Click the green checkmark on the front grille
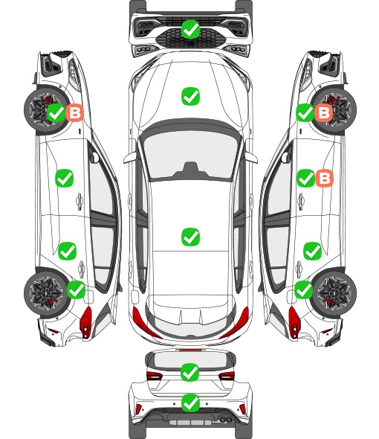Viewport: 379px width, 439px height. pyautogui.click(x=190, y=29)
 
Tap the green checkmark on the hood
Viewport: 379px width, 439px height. pyautogui.click(x=190, y=96)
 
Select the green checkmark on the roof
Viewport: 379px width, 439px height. pyautogui.click(x=190, y=237)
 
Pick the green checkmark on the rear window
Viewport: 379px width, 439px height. pyautogui.click(x=190, y=372)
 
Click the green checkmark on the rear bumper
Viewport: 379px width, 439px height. pyautogui.click(x=190, y=403)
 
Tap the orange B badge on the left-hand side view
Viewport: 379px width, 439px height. pyautogui.click(x=74, y=112)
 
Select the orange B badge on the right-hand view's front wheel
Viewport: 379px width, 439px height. pyautogui.click(x=323, y=112)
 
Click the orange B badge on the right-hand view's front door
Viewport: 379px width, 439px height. pyautogui.click(x=325, y=178)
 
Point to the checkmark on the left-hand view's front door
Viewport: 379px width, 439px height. pyautogui.click(x=65, y=178)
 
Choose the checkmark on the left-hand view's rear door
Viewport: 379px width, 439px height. pyautogui.click(x=67, y=251)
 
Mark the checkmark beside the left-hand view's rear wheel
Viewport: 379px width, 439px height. pyautogui.click(x=77, y=289)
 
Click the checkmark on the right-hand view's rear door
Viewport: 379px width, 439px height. pyautogui.click(x=312, y=251)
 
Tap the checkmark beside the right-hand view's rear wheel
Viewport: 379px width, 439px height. pyautogui.click(x=303, y=289)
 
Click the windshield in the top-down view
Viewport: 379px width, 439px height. pyautogui.click(x=190, y=154)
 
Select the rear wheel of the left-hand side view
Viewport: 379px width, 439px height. pyautogui.click(x=45, y=293)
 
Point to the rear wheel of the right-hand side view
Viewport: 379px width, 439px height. pyautogui.click(x=335, y=293)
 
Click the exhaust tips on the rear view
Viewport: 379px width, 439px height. pyautogui.click(x=226, y=419)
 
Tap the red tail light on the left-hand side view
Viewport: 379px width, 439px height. pyautogui.click(x=86, y=322)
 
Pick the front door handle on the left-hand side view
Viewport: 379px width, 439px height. pyautogui.click(x=80, y=201)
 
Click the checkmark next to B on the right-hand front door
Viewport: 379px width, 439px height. pyautogui.click(x=305, y=178)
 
